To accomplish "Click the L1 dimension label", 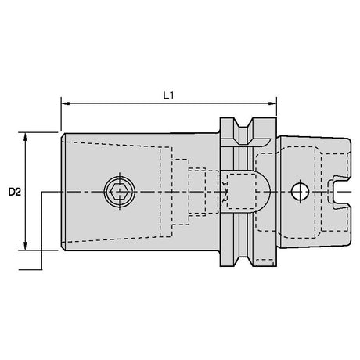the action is tap(168, 95).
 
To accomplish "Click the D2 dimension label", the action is tap(14, 193).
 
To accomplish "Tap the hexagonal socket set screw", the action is tap(120, 192).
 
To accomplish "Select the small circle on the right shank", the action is tap(300, 192).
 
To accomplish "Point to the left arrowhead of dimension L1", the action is tap(65, 103).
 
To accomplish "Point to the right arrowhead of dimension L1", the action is tap(272, 103).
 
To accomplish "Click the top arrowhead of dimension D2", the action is tap(25, 136).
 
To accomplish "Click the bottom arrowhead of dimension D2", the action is tap(25, 246).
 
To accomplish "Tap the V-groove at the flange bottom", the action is tap(243, 258).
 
